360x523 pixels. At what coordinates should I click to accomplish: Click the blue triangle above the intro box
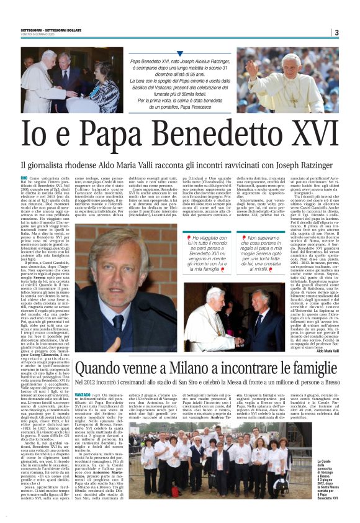(x=180, y=53)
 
